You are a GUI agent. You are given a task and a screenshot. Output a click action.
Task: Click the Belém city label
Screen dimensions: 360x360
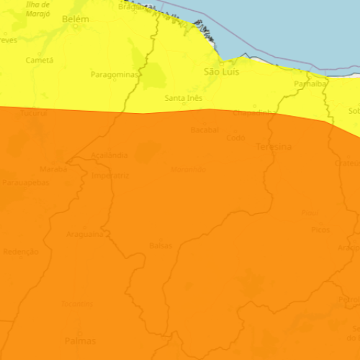click(76, 20)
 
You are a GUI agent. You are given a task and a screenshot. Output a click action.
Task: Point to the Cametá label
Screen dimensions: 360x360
click(40, 60)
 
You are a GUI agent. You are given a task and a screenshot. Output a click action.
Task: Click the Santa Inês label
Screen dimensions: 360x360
click(183, 98)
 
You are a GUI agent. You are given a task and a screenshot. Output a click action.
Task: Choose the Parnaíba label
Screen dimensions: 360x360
click(311, 84)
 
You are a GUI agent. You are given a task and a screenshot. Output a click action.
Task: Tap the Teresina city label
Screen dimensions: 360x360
click(274, 147)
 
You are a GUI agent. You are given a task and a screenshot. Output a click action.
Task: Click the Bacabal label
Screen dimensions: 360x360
click(204, 130)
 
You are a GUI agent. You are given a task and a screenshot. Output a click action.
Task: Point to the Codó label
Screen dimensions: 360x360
click(236, 138)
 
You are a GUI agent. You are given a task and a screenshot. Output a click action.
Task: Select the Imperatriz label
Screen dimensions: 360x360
click(110, 175)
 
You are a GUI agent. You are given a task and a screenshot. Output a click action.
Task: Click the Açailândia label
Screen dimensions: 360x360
click(110, 155)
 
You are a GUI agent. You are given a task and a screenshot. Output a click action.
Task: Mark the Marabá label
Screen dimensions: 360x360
click(53, 169)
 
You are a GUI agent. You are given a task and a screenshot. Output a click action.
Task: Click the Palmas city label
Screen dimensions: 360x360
click(80, 340)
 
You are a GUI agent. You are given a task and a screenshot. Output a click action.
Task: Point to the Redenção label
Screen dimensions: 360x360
click(21, 252)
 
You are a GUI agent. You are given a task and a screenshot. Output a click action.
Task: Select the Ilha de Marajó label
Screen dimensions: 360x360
click(38, 9)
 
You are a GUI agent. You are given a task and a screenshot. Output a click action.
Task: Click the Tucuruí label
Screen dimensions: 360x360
click(33, 114)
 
